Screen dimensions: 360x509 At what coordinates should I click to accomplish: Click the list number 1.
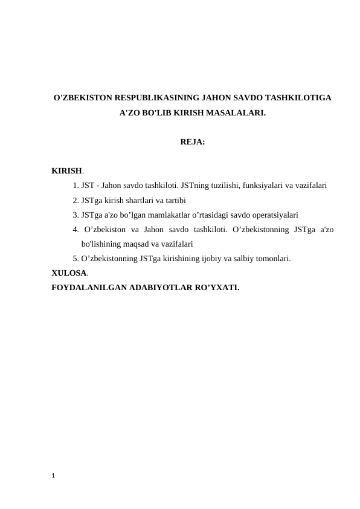point(75,186)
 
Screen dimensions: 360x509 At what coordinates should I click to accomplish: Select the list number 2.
point(75,200)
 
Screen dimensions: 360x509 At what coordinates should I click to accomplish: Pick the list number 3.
point(75,215)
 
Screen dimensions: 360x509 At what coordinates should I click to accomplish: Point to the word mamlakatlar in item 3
point(175,215)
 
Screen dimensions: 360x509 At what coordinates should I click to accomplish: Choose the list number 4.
point(75,229)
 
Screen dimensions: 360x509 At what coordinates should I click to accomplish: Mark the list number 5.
point(75,259)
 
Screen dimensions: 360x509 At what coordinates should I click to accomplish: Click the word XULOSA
point(69,273)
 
